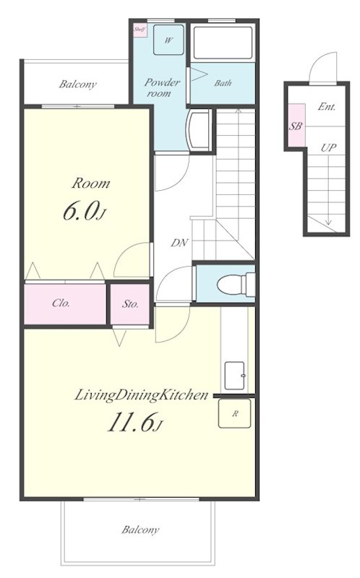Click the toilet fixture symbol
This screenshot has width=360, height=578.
pos(236,284)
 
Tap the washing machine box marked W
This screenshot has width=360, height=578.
pos(168,40)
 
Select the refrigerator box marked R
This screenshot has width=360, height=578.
pos(235,413)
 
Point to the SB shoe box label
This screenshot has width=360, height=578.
pos(296,126)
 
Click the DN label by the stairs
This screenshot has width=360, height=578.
pos(179,243)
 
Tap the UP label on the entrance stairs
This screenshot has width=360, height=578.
pos(328,148)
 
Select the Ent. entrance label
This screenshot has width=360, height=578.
pos(327,107)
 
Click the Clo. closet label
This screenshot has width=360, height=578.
pos(61,303)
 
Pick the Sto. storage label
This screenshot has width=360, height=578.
pos(130,304)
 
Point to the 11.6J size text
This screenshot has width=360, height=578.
pos(135,422)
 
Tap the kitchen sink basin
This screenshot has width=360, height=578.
pos(235,374)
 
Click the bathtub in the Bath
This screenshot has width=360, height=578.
pos(223,43)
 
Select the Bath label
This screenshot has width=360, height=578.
pos(223,83)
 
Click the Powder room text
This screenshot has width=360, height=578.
pos(162,87)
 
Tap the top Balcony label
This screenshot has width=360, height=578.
pos(77,85)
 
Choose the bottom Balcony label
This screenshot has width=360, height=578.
pos(140,530)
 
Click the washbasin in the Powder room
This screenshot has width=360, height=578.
pos(200,130)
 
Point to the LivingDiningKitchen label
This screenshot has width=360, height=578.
pos(141,395)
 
